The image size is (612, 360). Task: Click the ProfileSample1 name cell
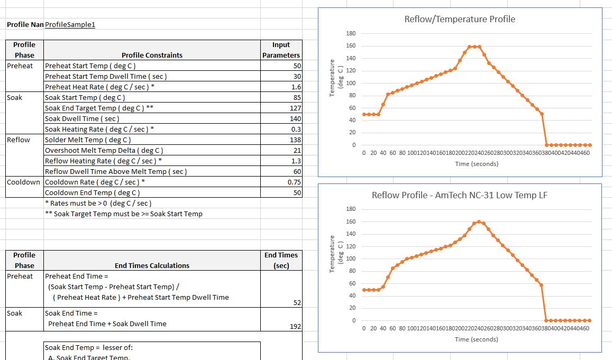coord(70,24)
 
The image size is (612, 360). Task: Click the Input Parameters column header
coord(281,50)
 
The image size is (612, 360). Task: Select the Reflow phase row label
coord(19,140)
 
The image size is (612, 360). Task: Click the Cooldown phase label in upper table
coord(23,182)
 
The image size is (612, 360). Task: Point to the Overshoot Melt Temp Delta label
coord(104,150)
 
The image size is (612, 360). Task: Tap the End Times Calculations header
coord(152,265)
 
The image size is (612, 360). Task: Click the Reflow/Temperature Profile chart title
coord(459,20)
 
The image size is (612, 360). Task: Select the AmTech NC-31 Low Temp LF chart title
coord(459,195)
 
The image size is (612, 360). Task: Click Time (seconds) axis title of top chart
coord(476,164)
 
